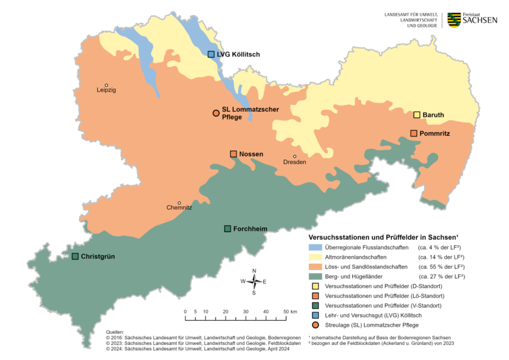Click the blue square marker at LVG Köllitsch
click(211, 54)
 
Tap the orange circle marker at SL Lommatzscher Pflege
click(216, 113)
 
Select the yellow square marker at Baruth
click(416, 115)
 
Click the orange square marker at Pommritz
click(414, 133)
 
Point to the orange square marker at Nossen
click(233, 154)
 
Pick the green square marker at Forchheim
click(227, 229)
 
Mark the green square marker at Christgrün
click(75, 256)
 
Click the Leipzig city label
click(106, 90)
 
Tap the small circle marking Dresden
click(295, 156)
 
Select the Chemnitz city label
click(179, 208)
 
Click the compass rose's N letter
click(254, 270)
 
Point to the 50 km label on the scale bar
click(289, 312)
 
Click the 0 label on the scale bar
click(186, 312)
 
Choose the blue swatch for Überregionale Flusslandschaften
click(315, 248)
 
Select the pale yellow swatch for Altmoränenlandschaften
click(315, 257)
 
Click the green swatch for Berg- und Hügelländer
click(315, 276)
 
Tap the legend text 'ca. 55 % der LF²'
click(441, 267)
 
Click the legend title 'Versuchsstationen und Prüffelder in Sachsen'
click(383, 237)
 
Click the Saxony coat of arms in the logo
click(451, 20)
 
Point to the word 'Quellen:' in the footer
click(115, 332)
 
